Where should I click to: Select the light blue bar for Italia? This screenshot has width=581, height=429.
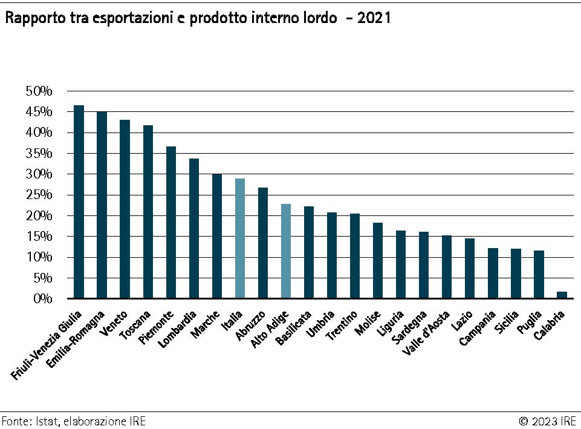coord(240,238)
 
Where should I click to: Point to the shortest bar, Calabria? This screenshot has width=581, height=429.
coord(562,295)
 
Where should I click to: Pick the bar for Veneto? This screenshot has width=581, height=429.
coord(125,209)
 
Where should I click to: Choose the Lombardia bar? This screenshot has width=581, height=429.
coord(194,228)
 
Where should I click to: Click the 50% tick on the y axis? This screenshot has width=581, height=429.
coord(39,91)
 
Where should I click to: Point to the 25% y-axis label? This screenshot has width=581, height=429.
coord(39,195)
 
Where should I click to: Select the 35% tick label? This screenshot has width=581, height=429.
coord(39,154)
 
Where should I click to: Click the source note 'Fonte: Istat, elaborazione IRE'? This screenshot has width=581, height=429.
coord(73,421)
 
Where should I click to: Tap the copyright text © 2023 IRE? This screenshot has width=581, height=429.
coord(547,421)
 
